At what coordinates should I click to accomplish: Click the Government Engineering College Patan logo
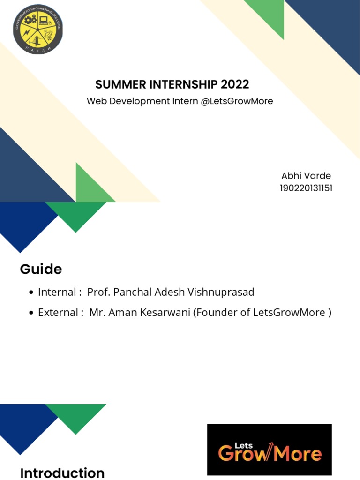click(38, 30)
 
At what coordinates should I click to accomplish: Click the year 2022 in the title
click(235, 85)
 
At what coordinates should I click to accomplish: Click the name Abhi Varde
click(306, 176)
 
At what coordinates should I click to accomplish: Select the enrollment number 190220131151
click(306, 188)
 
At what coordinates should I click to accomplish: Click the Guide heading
click(41, 270)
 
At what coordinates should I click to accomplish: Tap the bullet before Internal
click(31, 293)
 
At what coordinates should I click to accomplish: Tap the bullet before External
click(31, 313)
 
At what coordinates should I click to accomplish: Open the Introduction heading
click(62, 473)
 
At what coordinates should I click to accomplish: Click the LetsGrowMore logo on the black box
click(270, 450)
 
